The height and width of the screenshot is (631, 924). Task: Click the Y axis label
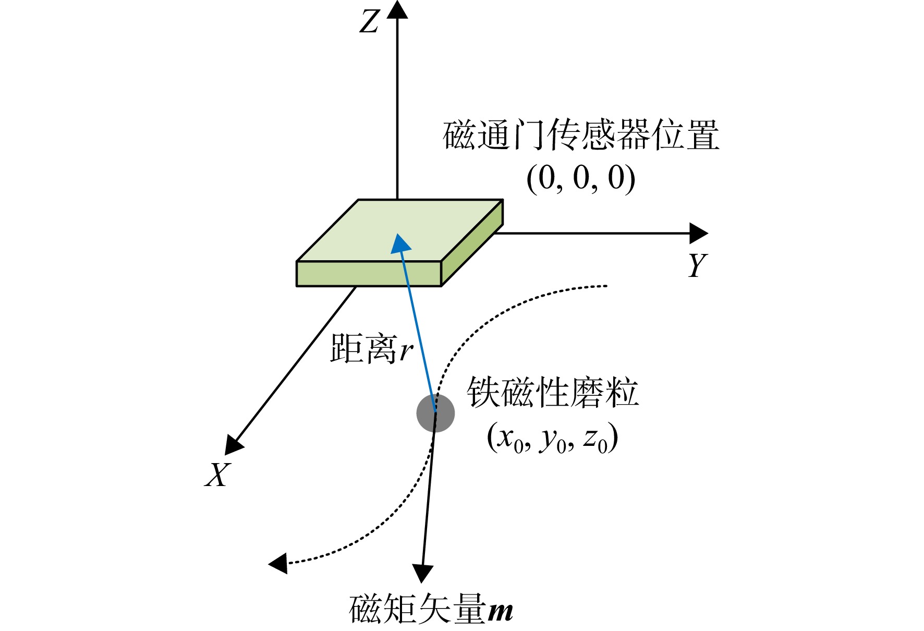(697, 265)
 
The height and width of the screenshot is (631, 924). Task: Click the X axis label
(217, 475)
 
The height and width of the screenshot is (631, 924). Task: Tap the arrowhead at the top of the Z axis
(397, 9)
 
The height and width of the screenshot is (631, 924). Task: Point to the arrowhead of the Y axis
(699, 233)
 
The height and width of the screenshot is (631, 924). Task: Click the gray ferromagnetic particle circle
(435, 413)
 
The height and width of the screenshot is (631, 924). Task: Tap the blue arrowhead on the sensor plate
(400, 243)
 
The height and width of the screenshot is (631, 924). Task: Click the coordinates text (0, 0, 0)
(581, 178)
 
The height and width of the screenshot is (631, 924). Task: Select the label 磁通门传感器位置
(581, 135)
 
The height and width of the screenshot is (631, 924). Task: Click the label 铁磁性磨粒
(553, 392)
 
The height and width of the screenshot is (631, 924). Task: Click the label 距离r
(372, 348)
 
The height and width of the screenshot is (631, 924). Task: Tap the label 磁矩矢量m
(431, 609)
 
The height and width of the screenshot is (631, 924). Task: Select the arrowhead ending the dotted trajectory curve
(278, 563)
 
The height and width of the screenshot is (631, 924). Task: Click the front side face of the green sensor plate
(369, 274)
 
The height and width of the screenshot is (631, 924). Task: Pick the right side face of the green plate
(472, 243)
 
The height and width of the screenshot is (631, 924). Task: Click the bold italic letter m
(501, 611)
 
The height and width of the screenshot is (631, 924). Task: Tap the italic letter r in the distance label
(407, 351)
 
